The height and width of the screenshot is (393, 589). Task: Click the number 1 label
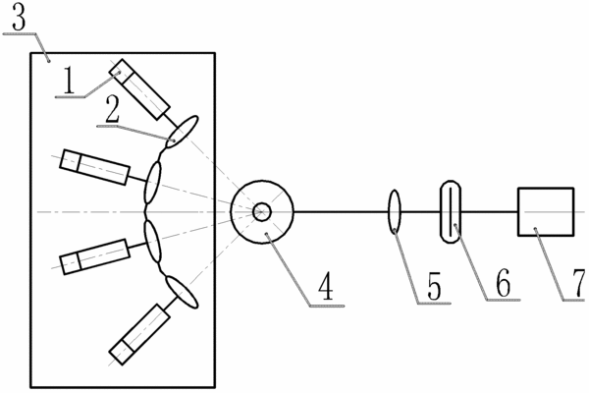(x=68, y=81)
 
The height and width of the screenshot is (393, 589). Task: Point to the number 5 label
(x=434, y=288)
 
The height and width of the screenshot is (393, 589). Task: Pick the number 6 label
(x=504, y=284)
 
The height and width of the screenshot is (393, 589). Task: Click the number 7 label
(x=579, y=283)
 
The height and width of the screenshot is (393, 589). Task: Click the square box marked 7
(x=546, y=211)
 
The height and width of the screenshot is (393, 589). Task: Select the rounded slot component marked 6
(x=450, y=211)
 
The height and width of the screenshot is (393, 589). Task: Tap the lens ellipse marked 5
(x=395, y=212)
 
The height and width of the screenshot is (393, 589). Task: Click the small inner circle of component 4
(x=262, y=211)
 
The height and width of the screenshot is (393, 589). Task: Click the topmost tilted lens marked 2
(x=182, y=132)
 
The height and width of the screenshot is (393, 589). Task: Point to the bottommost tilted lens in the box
(x=182, y=292)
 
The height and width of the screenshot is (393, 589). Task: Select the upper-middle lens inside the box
(x=152, y=182)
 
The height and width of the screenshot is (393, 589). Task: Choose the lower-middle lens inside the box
(x=153, y=241)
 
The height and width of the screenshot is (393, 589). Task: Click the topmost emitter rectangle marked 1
(x=139, y=89)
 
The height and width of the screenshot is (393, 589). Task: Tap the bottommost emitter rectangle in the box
(x=139, y=334)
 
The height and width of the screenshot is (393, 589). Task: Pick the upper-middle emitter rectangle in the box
(x=95, y=167)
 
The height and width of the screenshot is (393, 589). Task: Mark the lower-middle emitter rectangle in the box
(x=95, y=256)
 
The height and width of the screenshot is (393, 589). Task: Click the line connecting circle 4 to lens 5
(x=341, y=212)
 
